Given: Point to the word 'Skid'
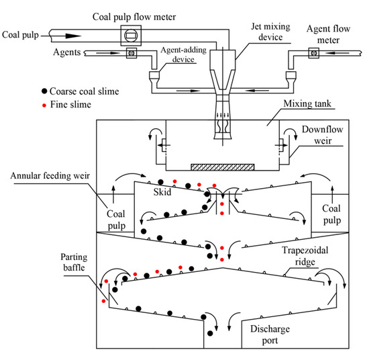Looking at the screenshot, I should [x=159, y=192].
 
